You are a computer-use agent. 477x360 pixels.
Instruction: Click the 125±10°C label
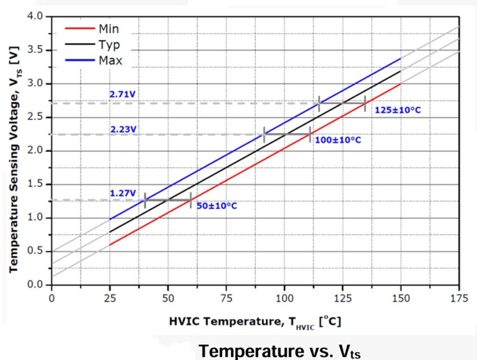click(x=397, y=110)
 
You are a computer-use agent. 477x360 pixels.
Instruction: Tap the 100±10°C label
click(x=338, y=139)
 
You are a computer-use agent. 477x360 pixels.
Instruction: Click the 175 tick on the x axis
click(x=458, y=298)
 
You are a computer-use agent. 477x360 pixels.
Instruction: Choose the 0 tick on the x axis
click(x=52, y=298)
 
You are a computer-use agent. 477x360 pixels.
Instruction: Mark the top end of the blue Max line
click(x=401, y=58)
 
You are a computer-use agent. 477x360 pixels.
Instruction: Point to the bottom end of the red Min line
click(x=110, y=244)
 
